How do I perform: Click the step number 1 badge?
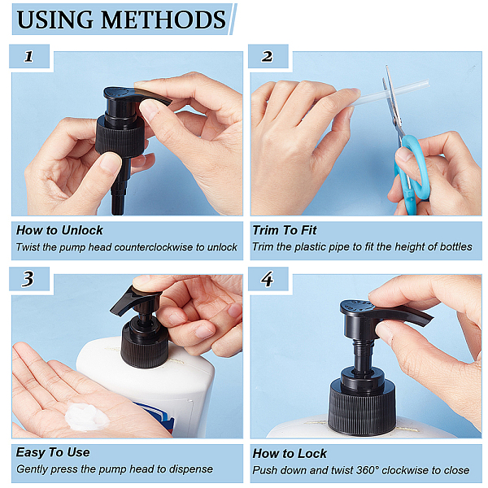coord(29,56)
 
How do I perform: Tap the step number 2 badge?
coord(268,56)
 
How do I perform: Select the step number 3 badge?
coord(29,279)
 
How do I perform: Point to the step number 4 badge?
coord(268,279)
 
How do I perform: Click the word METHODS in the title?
coord(163,20)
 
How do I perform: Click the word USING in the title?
coord(55,20)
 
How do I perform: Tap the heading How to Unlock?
coord(59,230)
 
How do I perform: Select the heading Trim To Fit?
coord(285,230)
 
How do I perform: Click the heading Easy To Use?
coord(53,452)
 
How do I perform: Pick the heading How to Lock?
coord(290,454)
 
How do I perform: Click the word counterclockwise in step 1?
coord(154,247)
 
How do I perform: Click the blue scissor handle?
coord(411,173)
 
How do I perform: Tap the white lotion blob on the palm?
coord(86,416)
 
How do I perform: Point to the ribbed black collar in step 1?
coord(120,136)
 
